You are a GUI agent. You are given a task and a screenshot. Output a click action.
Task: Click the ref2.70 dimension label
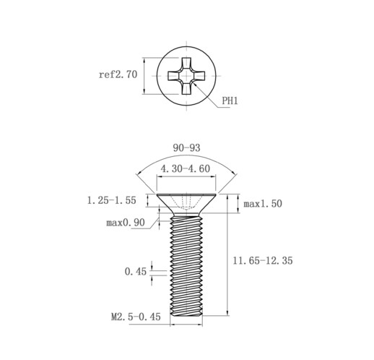[x=118, y=74]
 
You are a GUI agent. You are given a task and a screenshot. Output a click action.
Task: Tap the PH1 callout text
[x=230, y=100]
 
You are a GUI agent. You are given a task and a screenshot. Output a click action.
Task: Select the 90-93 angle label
[x=186, y=147]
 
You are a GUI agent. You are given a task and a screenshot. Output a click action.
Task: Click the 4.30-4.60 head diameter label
[x=186, y=168]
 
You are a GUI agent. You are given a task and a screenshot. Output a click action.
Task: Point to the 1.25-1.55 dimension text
[x=112, y=200]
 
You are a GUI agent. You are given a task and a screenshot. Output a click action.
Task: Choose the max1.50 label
[x=263, y=204]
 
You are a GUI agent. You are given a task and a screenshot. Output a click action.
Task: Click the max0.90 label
[x=126, y=223]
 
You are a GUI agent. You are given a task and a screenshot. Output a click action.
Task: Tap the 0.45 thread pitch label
[x=136, y=272]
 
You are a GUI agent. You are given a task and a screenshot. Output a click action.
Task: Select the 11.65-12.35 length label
[x=263, y=261]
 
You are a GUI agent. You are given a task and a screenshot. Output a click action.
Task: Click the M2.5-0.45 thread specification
[x=136, y=317]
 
